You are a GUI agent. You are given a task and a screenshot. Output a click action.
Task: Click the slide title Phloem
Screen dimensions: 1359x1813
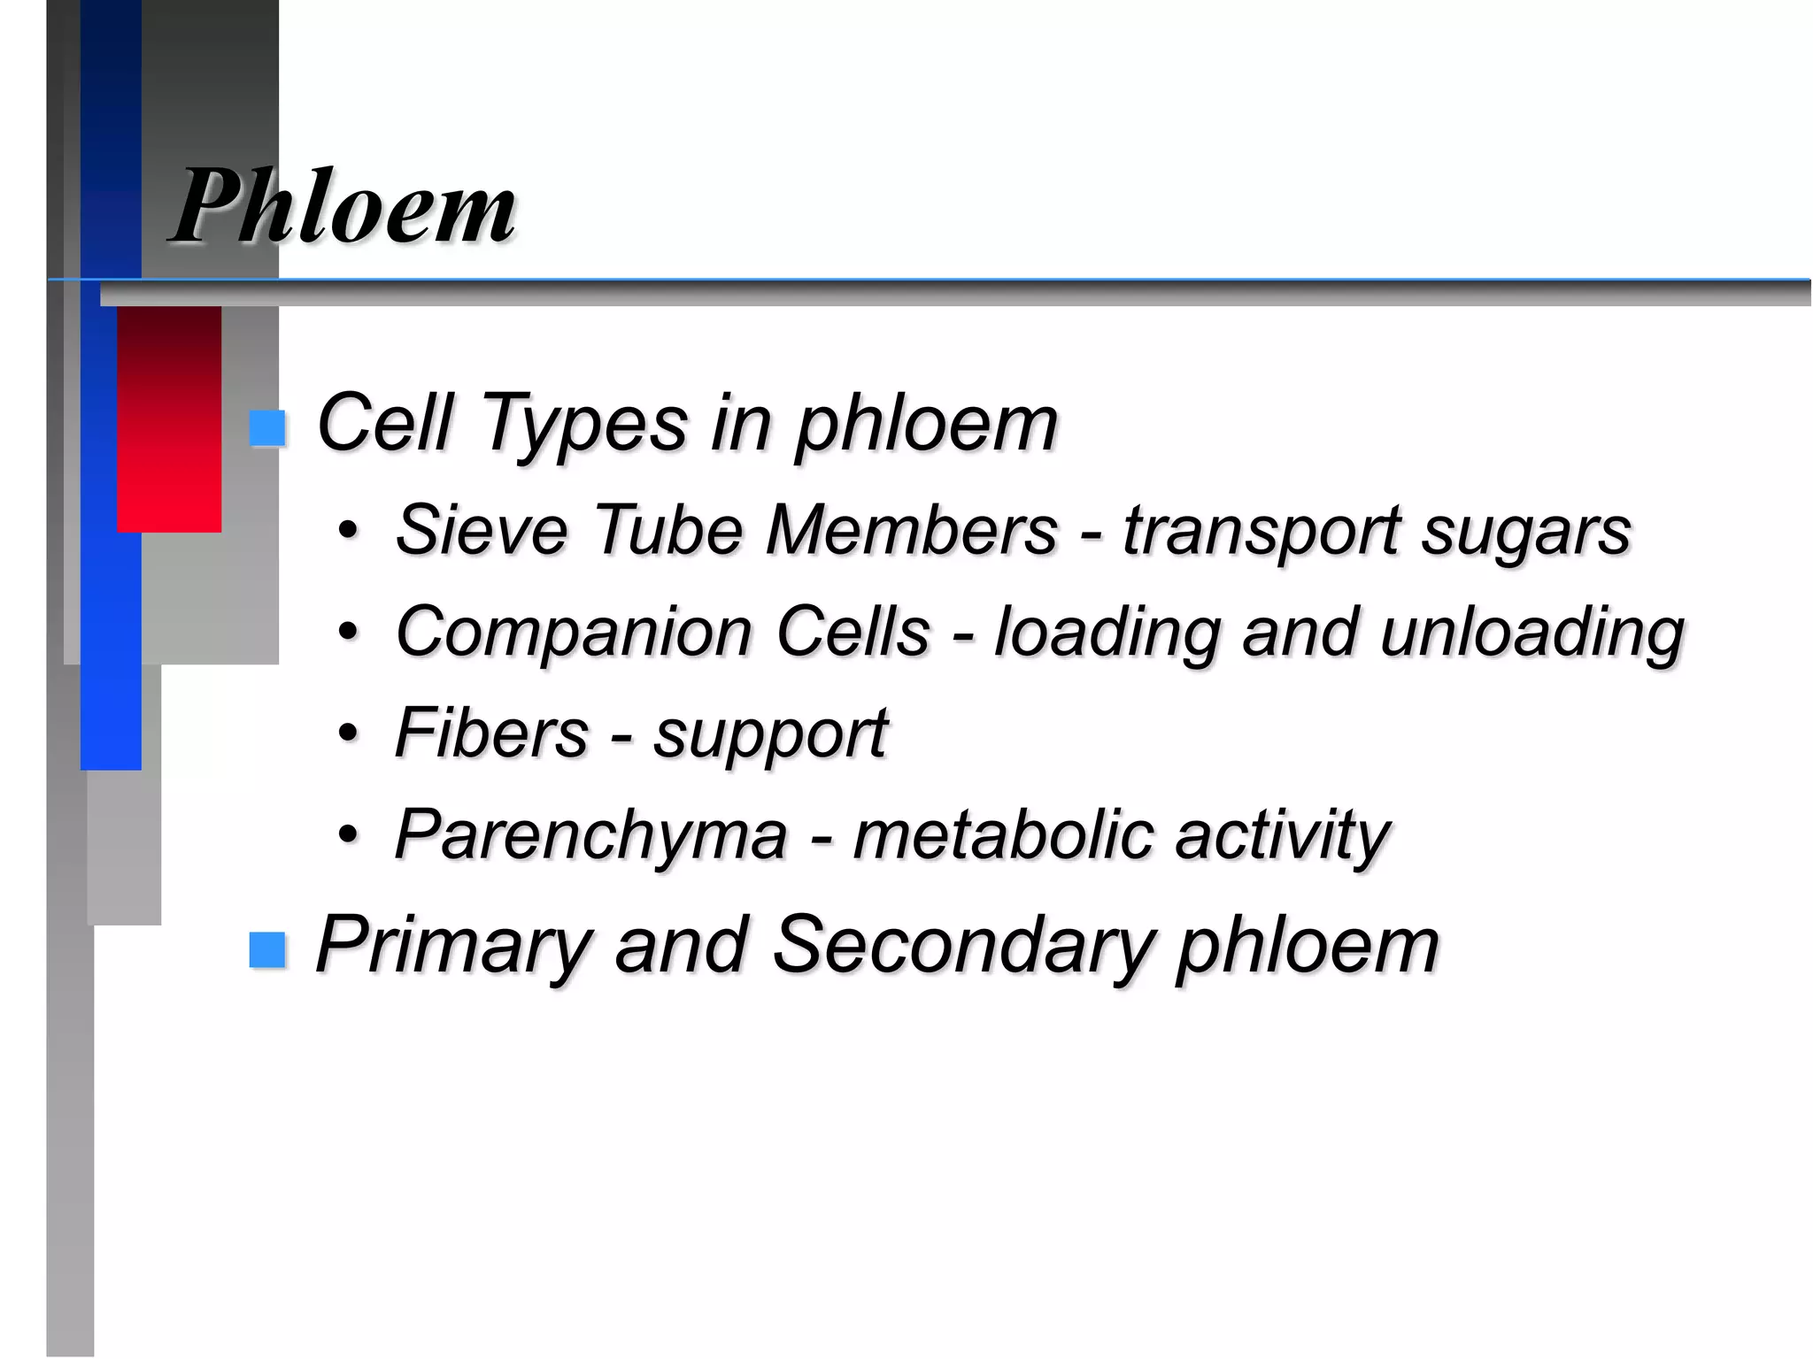343,208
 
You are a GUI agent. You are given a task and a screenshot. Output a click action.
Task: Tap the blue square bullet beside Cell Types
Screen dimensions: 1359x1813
267,428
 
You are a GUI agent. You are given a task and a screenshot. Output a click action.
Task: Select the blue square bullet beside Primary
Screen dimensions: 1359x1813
267,950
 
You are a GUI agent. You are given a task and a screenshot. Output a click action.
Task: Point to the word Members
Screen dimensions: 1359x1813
912,531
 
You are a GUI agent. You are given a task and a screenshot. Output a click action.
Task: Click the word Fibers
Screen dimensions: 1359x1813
491,733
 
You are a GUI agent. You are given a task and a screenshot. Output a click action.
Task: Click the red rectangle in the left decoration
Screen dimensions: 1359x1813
169,419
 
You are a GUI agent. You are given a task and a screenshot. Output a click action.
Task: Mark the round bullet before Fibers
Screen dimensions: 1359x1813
350,733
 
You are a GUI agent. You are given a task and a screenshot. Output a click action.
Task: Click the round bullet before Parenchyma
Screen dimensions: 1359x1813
350,834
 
